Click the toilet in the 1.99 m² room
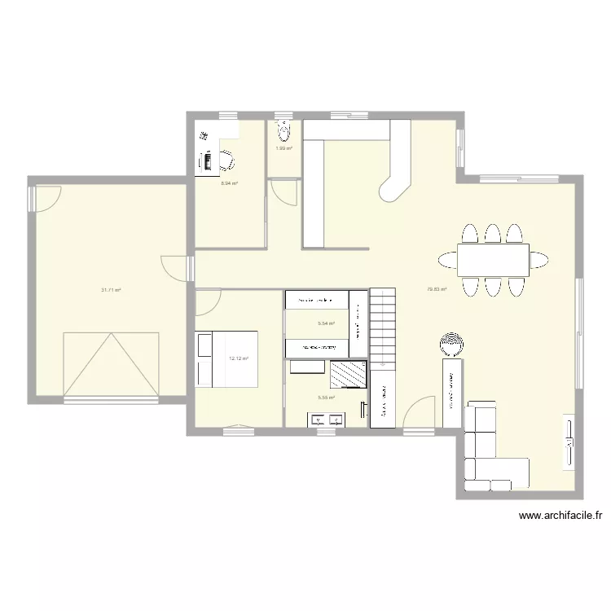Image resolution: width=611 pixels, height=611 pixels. click(x=284, y=130)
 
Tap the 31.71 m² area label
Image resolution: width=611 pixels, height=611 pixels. click(x=111, y=289)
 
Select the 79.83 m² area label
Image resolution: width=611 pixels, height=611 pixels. click(x=437, y=289)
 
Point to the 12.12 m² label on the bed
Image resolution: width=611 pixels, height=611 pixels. click(x=239, y=358)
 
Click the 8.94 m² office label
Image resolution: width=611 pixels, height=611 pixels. click(x=230, y=183)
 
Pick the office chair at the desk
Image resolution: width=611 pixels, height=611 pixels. click(x=227, y=160)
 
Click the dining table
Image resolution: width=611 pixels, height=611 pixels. click(x=492, y=260)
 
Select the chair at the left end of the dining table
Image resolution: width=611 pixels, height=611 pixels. click(x=447, y=260)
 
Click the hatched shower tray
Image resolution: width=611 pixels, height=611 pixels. click(x=347, y=374)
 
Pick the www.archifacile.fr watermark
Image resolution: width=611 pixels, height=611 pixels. click(x=560, y=516)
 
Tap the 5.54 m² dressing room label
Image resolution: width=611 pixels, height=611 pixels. click(x=326, y=323)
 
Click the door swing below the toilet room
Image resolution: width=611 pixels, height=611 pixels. click(x=283, y=192)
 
